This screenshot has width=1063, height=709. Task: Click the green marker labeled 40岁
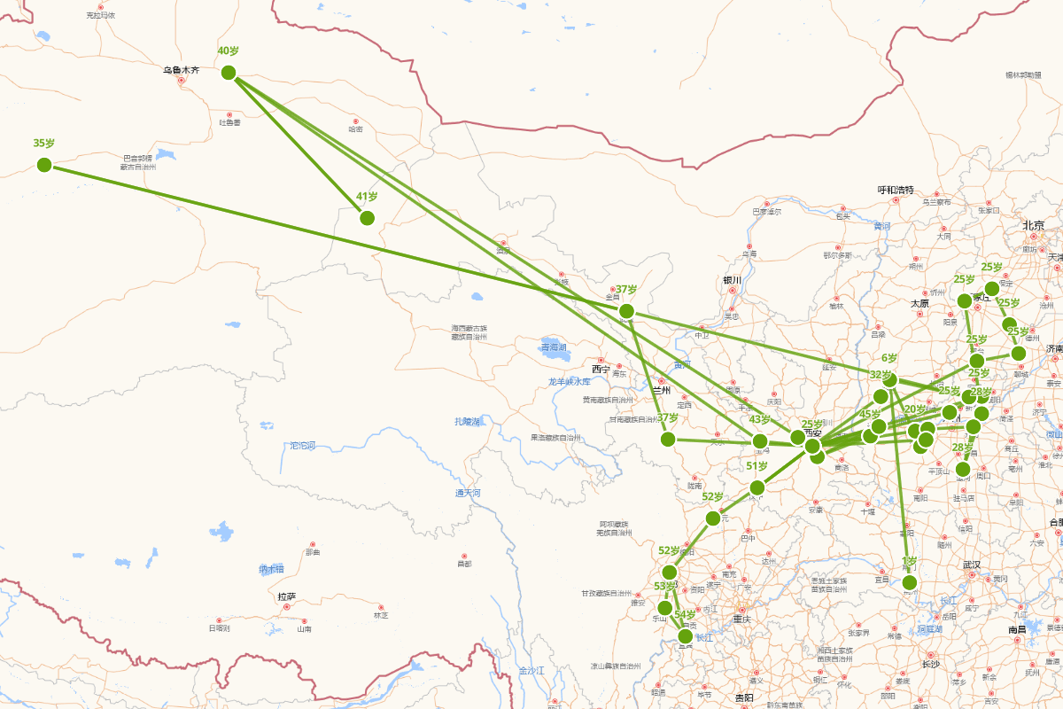(229, 73)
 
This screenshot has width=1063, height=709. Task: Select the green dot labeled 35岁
(44, 165)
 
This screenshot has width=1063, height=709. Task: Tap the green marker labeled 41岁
(367, 218)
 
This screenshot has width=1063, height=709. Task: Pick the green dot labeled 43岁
(760, 441)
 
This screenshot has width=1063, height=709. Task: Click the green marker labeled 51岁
(757, 487)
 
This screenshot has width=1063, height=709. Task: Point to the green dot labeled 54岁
(685, 635)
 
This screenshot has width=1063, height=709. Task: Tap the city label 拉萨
(286, 596)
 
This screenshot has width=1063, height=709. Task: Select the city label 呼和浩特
(895, 190)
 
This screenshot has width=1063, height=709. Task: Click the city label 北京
(1034, 225)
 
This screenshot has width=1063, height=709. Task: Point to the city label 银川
(731, 280)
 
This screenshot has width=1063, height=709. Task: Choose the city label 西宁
(601, 368)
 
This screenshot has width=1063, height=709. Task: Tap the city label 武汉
(972, 565)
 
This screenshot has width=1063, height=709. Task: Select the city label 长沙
(930, 664)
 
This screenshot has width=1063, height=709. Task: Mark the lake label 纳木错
(271, 568)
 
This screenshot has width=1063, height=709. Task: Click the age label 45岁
(870, 414)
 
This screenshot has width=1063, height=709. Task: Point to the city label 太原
(919, 303)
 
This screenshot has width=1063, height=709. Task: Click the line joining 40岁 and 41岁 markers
(299, 146)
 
